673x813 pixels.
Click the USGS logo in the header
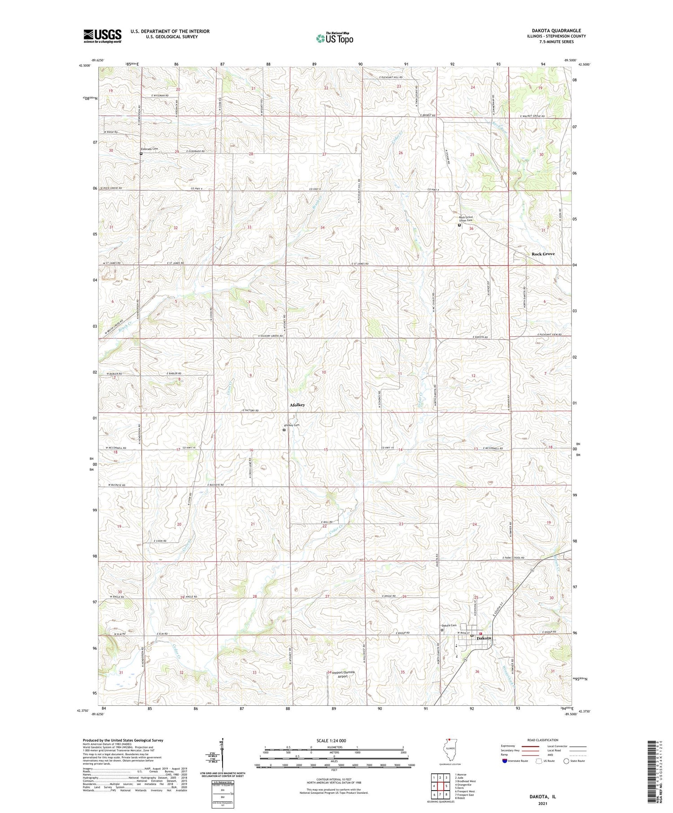(102, 36)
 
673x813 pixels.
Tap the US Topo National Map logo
(335, 38)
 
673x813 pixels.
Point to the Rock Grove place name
(543, 254)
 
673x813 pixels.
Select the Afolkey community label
(297, 405)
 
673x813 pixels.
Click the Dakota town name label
(484, 638)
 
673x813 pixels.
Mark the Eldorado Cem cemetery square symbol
(141, 153)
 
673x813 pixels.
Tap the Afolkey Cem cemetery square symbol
(284, 430)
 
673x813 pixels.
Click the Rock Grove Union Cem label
(465, 218)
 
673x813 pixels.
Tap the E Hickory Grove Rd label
(271, 336)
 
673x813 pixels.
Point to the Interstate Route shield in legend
(505, 761)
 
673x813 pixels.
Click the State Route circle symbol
(566, 761)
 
